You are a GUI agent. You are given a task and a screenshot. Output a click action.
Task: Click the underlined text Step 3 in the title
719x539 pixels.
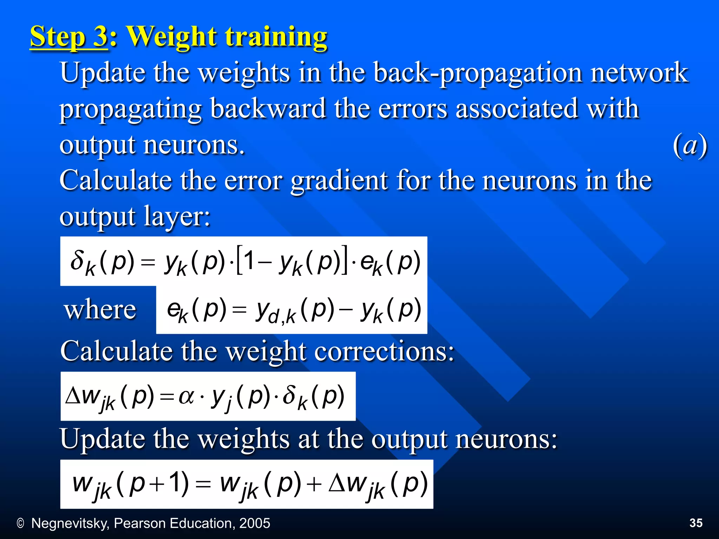[69, 37]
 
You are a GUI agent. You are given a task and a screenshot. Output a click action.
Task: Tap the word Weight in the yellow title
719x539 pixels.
[172, 37]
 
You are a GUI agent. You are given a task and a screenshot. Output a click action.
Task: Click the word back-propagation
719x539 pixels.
[477, 73]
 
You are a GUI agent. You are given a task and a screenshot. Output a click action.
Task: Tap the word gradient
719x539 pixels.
[339, 181]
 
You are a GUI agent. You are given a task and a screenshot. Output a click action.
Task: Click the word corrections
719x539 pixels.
[384, 351]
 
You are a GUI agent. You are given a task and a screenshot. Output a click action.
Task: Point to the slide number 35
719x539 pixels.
[696, 523]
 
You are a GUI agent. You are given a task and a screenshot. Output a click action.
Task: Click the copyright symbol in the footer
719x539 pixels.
[20, 524]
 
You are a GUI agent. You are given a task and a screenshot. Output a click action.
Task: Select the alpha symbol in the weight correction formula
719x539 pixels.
[186, 397]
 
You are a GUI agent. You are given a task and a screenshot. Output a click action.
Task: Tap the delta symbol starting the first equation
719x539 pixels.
[77, 260]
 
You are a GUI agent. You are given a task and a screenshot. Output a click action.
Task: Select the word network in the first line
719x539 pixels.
[639, 73]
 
